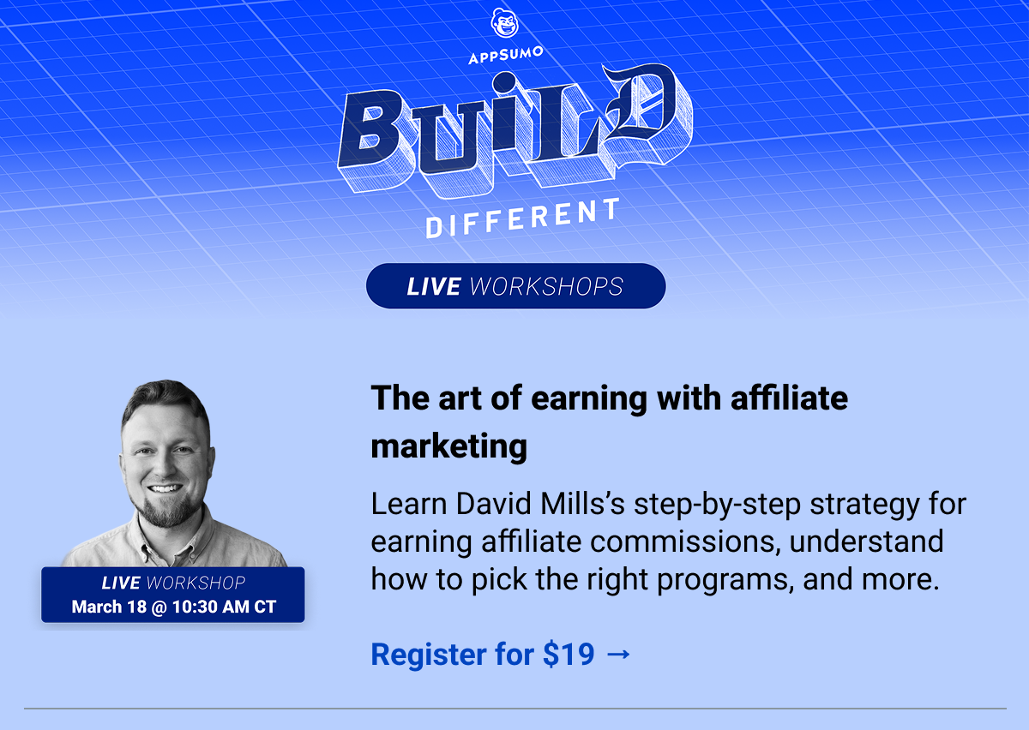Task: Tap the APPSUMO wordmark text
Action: pyautogui.click(x=506, y=58)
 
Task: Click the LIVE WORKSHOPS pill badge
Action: pyautogui.click(x=515, y=286)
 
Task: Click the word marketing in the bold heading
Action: pyautogui.click(x=448, y=446)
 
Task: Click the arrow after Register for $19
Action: pyautogui.click(x=618, y=655)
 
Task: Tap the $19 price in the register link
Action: pyautogui.click(x=569, y=655)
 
